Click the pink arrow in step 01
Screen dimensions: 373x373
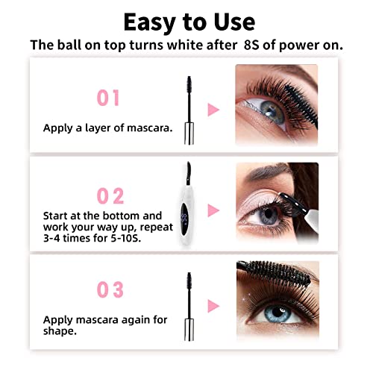coord(213,110)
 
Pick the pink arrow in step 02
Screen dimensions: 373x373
coord(213,210)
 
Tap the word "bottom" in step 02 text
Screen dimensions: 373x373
coord(136,215)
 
